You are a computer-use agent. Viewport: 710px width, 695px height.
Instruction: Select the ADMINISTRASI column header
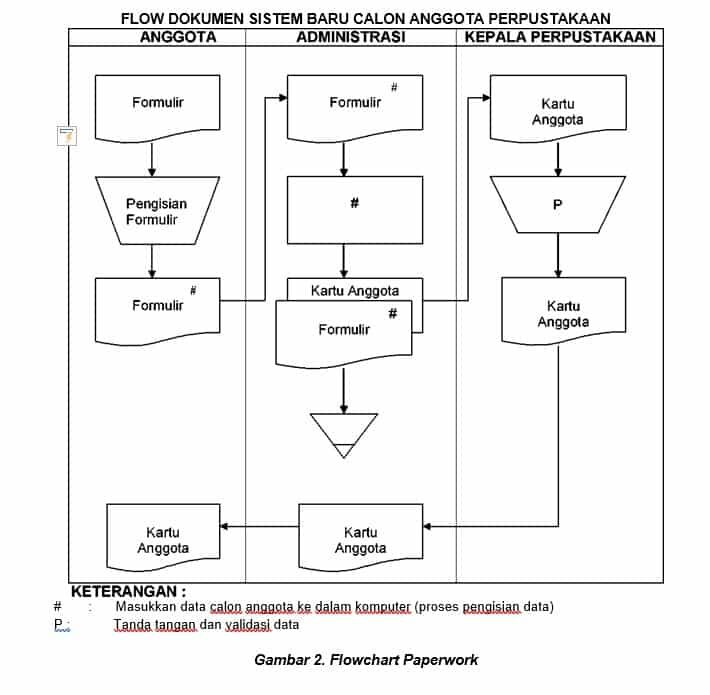point(351,37)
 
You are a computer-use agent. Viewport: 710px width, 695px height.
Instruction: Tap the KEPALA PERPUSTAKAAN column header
point(560,37)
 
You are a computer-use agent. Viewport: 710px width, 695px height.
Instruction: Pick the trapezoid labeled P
point(558,205)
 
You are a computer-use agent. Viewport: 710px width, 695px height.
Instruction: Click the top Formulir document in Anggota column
point(157,105)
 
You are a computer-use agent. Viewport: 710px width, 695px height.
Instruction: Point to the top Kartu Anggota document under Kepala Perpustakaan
point(558,110)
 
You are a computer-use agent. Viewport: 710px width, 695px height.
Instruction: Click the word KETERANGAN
point(128,591)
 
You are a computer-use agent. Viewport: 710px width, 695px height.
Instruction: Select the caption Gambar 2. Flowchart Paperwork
point(366,660)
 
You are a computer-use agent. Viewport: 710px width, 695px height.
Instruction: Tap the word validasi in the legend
point(243,625)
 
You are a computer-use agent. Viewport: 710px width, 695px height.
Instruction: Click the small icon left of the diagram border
point(67,137)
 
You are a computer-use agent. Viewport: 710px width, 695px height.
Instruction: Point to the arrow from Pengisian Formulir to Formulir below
point(152,260)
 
